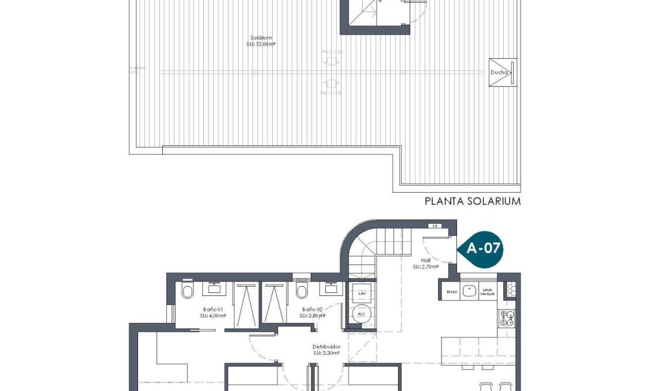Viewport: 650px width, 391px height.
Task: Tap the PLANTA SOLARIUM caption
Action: tap(473, 201)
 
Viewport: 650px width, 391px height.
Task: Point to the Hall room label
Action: tap(426, 264)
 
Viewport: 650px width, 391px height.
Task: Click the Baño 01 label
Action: tap(213, 313)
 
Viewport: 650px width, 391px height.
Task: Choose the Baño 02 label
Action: tap(312, 313)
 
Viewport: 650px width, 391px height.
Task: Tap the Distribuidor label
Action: tap(326, 350)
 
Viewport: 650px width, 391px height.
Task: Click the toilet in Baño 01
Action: tap(187, 292)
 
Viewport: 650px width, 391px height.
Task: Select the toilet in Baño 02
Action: tap(301, 290)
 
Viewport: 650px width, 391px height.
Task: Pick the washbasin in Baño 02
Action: tap(330, 285)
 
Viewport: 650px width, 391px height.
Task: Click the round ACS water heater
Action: tap(362, 314)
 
